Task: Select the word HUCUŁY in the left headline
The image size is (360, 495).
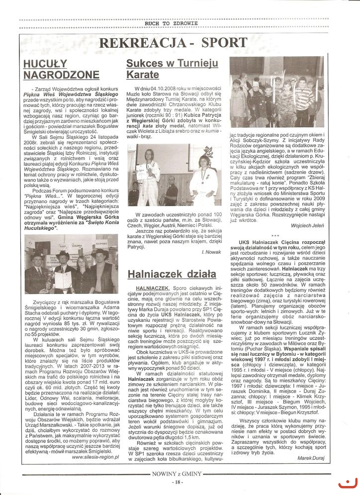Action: tap(45, 63)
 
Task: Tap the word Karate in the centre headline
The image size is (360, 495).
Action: tap(143, 75)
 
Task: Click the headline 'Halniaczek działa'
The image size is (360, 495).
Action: tap(172, 274)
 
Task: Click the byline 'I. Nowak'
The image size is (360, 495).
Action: tap(211, 253)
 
